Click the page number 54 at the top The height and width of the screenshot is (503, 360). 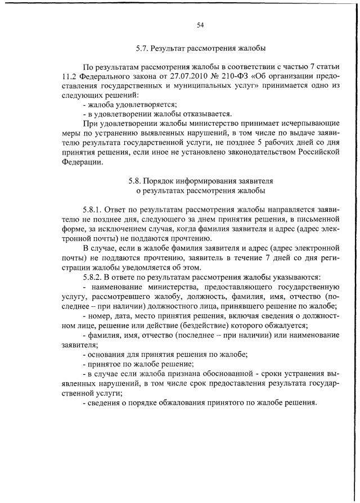click(x=200, y=25)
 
